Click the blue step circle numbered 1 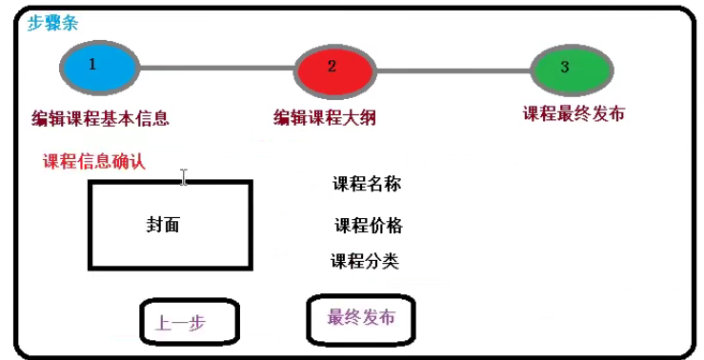(99, 67)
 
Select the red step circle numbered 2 (332, 69)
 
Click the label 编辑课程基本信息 (100, 119)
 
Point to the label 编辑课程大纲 (325, 118)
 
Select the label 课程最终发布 (573, 113)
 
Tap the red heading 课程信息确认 (94, 161)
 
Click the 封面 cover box (170, 225)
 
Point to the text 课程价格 (369, 226)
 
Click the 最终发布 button (361, 317)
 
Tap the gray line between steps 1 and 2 (217, 68)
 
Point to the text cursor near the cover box (184, 177)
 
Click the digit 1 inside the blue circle (91, 65)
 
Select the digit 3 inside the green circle (565, 68)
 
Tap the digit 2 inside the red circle (332, 66)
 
